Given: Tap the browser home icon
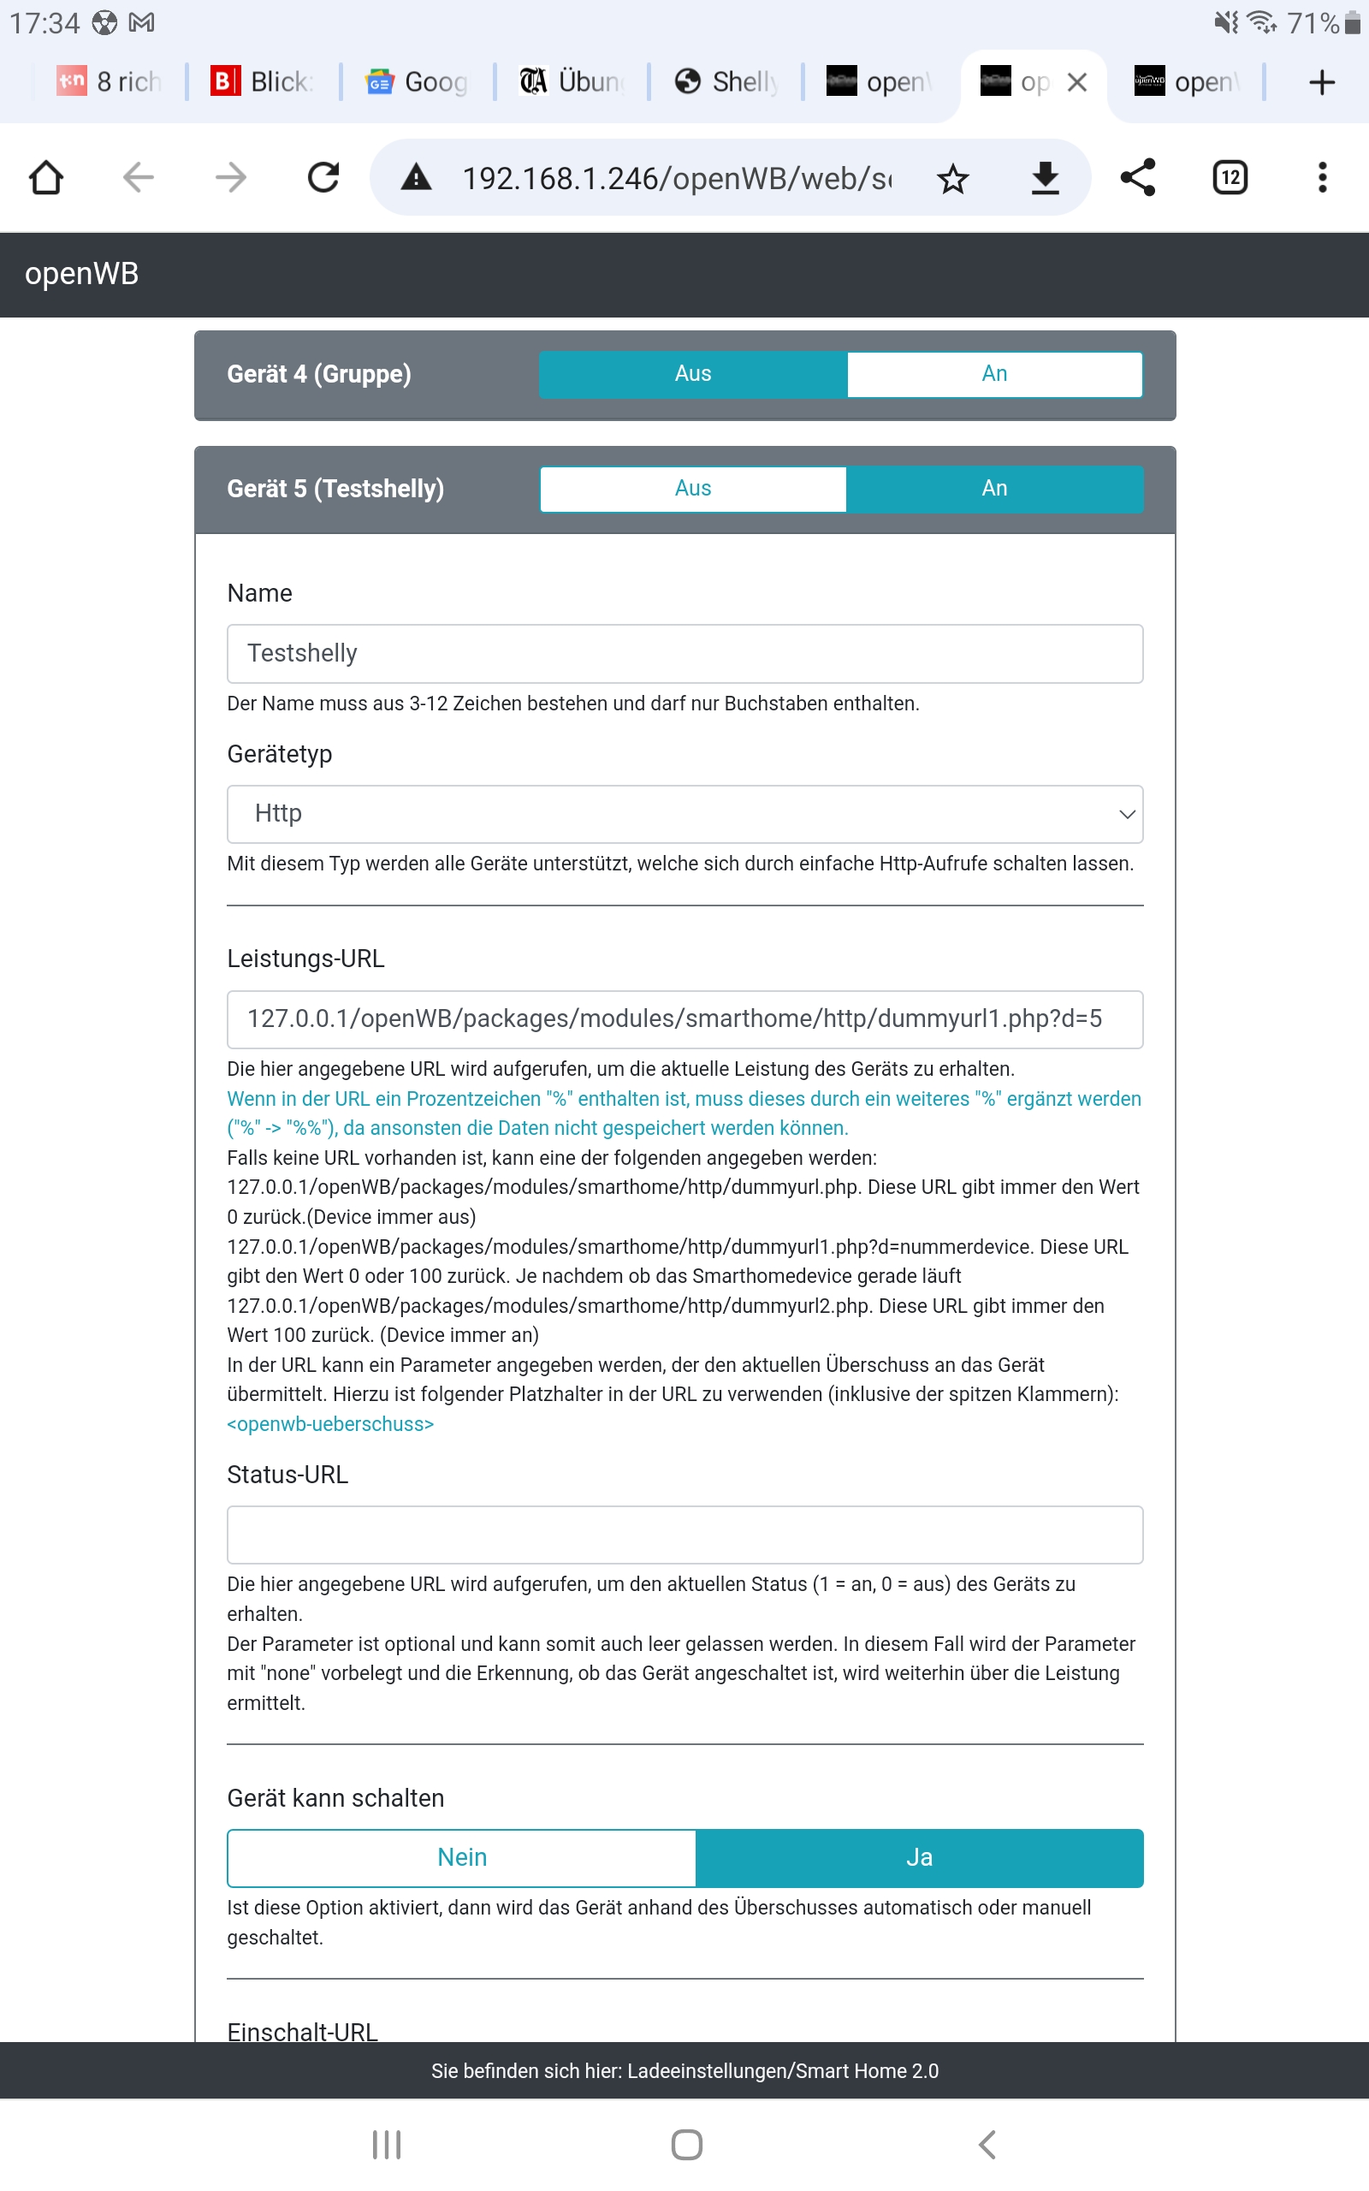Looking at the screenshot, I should tap(46, 177).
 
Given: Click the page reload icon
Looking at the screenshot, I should tap(323, 177).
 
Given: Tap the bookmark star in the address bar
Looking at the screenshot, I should tap(952, 178).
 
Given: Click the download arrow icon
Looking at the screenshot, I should tap(1045, 177).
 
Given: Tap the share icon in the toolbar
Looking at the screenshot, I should tap(1137, 177).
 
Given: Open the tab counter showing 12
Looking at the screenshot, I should tap(1230, 177).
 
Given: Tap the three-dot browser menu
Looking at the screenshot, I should tap(1322, 177).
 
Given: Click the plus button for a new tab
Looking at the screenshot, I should tap(1322, 82).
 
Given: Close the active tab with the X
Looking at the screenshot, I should tap(1076, 82).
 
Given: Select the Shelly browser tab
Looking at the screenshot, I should tap(728, 82).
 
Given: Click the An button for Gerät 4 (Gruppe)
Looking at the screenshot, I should tap(994, 374).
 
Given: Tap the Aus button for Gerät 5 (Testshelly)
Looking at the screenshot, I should tap(693, 489).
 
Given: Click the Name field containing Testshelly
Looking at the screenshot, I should tap(684, 654).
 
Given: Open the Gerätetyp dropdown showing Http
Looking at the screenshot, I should tap(684, 814).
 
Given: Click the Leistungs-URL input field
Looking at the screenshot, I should tap(684, 1019).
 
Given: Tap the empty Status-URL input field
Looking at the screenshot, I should tap(684, 1535).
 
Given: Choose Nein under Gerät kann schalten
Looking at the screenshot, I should tap(462, 1858).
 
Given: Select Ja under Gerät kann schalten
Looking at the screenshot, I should tap(919, 1858).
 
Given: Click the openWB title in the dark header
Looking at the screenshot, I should tap(81, 273).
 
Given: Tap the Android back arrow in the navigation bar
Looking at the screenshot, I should tap(987, 2144).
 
